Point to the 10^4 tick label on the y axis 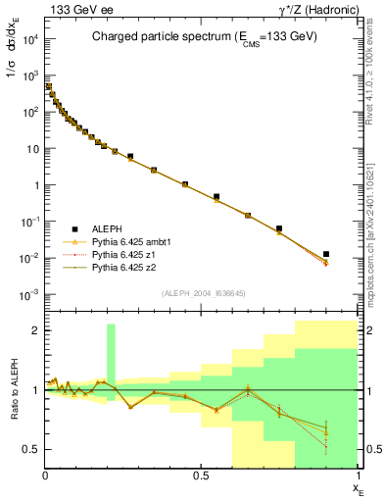click(x=29, y=38)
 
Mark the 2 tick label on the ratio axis click(x=37, y=330)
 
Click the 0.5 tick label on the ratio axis click(x=32, y=449)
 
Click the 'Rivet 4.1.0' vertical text click(x=373, y=69)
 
